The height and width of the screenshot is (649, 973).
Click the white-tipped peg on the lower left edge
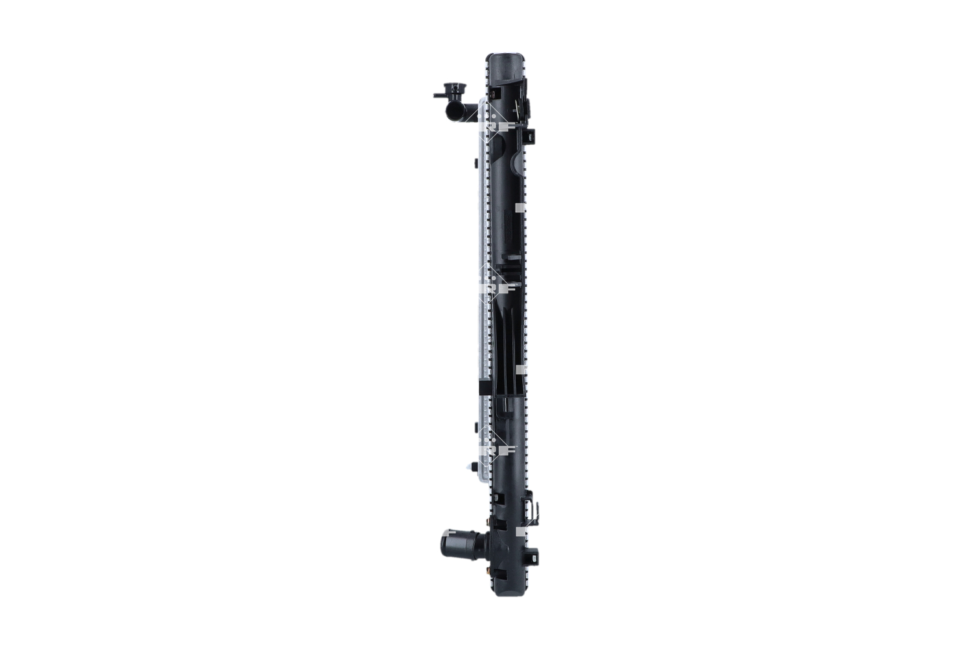click(471, 467)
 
